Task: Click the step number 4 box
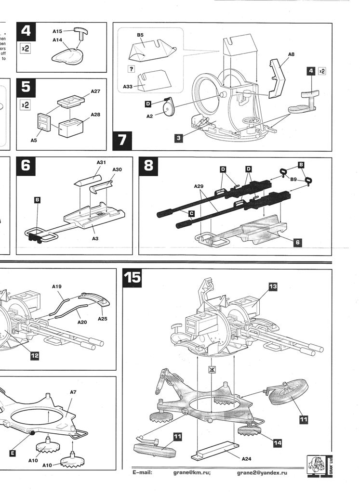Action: (26, 32)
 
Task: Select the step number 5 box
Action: (26, 88)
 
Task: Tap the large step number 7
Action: (122, 141)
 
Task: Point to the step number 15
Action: (132, 278)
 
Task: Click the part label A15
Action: (57, 31)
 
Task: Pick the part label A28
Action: (94, 115)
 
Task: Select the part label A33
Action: (127, 87)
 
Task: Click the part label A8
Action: (291, 55)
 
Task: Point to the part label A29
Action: (200, 186)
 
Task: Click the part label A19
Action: (57, 287)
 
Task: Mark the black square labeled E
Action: (13, 453)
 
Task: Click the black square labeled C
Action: (191, 213)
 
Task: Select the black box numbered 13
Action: (273, 286)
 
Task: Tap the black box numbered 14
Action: (277, 442)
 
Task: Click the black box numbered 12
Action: (35, 356)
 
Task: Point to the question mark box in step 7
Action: (132, 69)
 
